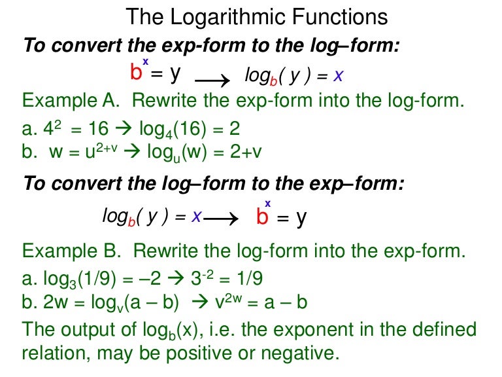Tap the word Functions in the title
[x=344, y=16]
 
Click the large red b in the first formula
[x=137, y=72]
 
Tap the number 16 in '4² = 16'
[x=92, y=128]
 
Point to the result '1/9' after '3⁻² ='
[x=250, y=279]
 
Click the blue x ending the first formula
[x=338, y=77]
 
